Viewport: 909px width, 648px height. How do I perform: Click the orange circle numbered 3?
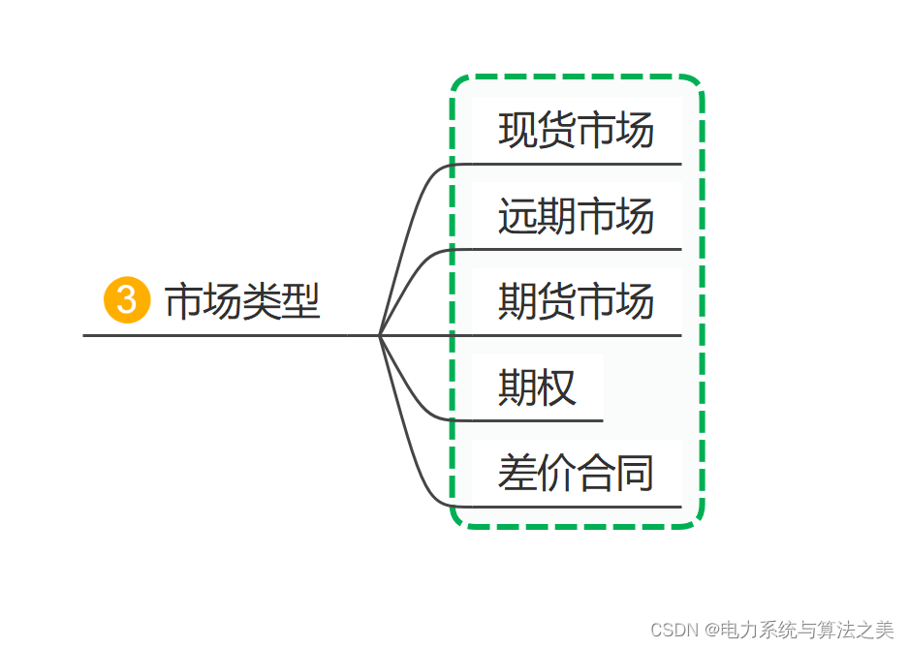pyautogui.click(x=127, y=300)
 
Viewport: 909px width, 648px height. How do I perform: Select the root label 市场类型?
pyautogui.click(x=242, y=301)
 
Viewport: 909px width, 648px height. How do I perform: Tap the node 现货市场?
pyautogui.click(x=576, y=131)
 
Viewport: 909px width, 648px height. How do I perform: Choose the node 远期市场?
pyautogui.click(x=576, y=216)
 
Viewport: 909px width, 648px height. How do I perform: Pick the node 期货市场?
pyautogui.click(x=576, y=301)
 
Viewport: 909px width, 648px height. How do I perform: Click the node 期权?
pyautogui.click(x=537, y=387)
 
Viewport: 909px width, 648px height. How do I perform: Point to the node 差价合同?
pyautogui.click(x=576, y=473)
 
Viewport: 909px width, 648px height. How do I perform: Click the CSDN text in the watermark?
pyautogui.click(x=674, y=631)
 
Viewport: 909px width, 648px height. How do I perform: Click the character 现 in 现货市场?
pyautogui.click(x=517, y=131)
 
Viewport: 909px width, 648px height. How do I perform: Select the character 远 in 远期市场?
pyautogui.click(x=517, y=216)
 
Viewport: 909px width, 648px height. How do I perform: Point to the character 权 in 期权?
pyautogui.click(x=557, y=387)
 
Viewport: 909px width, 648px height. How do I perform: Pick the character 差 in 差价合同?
pyautogui.click(x=517, y=473)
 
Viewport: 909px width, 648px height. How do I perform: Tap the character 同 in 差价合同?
pyautogui.click(x=636, y=473)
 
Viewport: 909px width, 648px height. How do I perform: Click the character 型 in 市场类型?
pyautogui.click(x=301, y=301)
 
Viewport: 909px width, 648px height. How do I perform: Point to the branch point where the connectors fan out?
pyautogui.click(x=379, y=335)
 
